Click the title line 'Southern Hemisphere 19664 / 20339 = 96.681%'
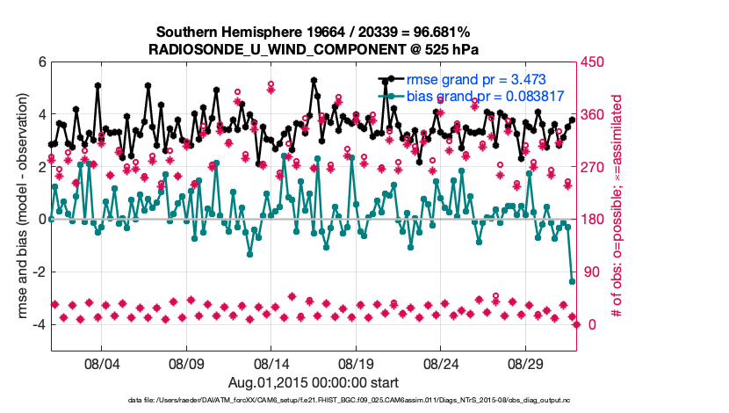[x=314, y=33]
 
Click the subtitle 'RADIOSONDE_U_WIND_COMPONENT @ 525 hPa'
[x=314, y=49]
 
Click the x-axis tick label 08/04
[x=101, y=363]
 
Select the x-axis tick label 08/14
[x=271, y=363]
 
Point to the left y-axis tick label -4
[x=38, y=324]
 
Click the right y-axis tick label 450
[x=593, y=62]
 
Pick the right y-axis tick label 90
[x=590, y=272]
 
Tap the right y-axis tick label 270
[x=593, y=167]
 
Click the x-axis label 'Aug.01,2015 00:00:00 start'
[x=314, y=382]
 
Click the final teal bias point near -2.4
[x=573, y=282]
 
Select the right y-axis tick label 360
[x=593, y=115]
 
